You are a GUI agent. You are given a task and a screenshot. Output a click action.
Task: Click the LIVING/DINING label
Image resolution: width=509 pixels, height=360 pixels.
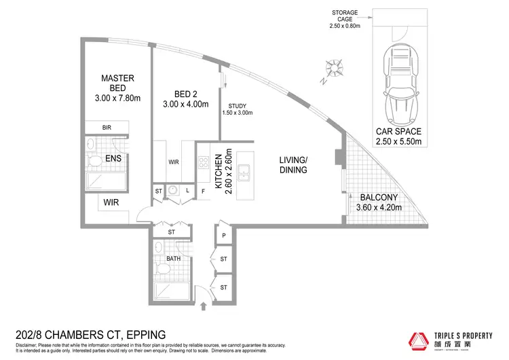tap(293, 165)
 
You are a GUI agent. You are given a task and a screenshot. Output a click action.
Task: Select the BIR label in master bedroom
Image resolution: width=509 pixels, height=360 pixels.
tap(107, 127)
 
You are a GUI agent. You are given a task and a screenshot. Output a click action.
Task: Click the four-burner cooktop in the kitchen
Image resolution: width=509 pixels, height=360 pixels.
tap(202, 163)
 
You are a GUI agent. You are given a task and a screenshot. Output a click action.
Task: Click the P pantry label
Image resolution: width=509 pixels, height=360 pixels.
tap(224, 236)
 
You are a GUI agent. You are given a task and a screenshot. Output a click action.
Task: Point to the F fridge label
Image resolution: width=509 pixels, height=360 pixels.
tap(203, 191)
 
